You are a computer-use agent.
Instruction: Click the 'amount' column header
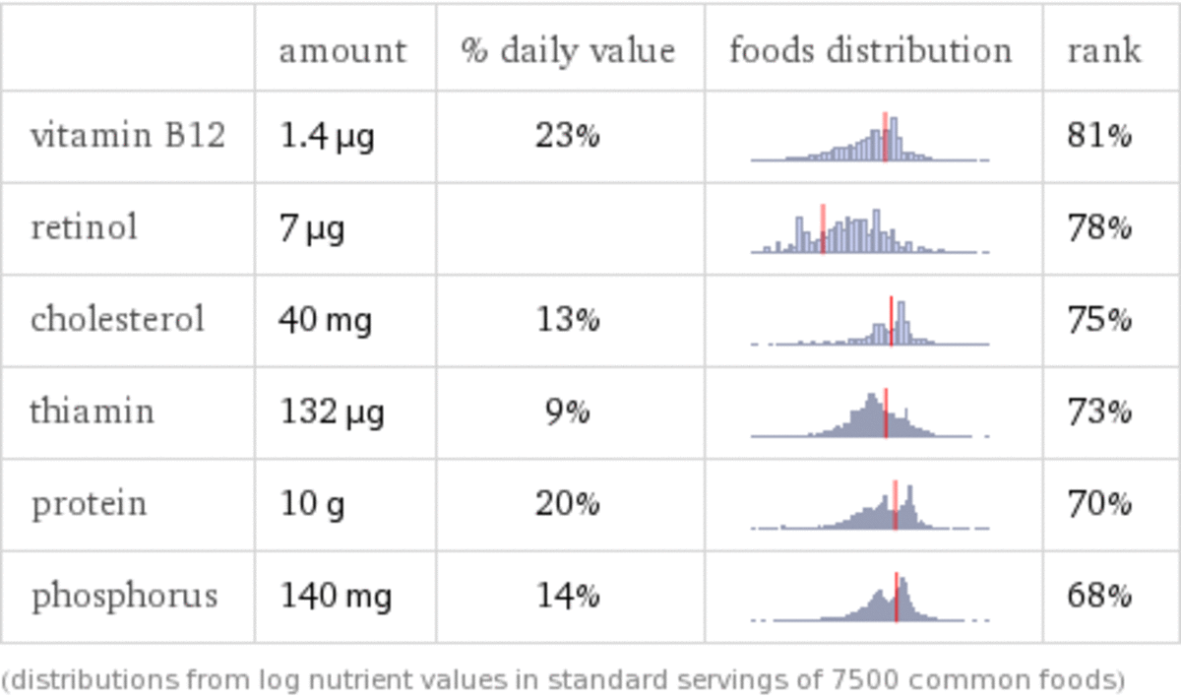coord(342,50)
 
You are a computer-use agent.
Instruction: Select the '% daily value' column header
coord(568,50)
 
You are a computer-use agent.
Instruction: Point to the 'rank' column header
coord(1104,50)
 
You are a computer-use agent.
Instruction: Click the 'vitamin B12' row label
coord(128,136)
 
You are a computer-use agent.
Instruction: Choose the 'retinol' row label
coord(85,228)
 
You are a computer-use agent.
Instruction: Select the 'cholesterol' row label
coord(117,320)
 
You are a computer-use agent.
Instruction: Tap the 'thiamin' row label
coord(92,412)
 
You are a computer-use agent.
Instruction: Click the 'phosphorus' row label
coord(124,596)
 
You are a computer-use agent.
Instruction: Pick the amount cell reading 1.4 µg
coord(327,136)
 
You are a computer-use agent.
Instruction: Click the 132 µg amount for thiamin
coord(332,412)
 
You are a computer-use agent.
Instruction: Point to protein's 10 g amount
coord(312,504)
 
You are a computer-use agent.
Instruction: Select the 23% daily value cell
coord(568,136)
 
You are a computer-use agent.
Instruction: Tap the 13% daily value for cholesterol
coord(568,320)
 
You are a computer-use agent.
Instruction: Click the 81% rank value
coord(1099,136)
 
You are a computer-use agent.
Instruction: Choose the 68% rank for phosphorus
coord(1099,596)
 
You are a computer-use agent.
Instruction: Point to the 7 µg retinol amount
coord(312,228)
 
